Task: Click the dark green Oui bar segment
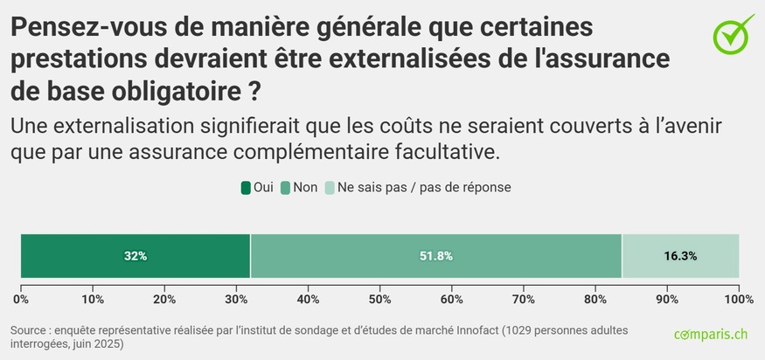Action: (136, 256)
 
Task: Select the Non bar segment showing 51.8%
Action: (435, 256)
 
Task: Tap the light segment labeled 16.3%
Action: (680, 256)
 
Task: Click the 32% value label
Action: (136, 256)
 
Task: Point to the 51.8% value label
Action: (435, 256)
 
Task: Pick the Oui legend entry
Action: (257, 187)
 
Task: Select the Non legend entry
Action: (299, 187)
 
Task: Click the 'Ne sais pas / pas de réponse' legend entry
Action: (418, 187)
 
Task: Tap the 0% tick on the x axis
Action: (21, 300)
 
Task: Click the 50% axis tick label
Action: (379, 300)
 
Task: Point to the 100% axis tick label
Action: (739, 300)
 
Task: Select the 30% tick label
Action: (236, 300)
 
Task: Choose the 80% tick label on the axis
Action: (595, 300)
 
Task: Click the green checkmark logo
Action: (733, 33)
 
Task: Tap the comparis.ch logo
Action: (711, 335)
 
